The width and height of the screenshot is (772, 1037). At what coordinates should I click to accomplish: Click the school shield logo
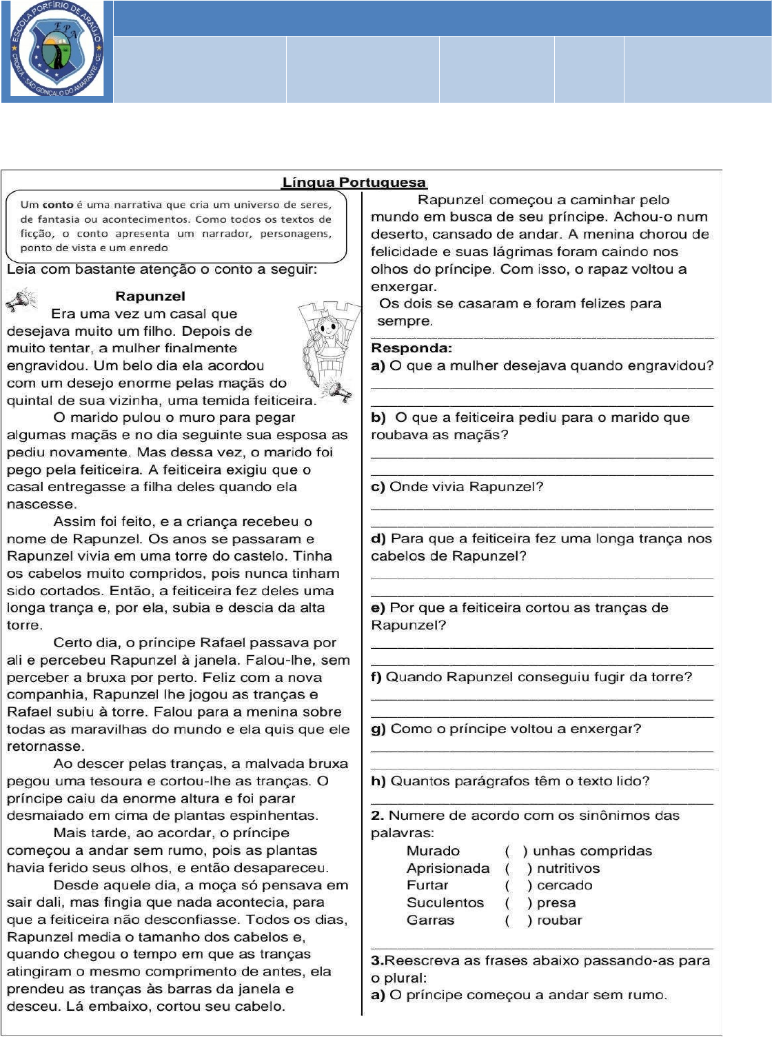(x=57, y=50)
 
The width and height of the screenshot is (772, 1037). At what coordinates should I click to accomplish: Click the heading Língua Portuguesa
(x=354, y=183)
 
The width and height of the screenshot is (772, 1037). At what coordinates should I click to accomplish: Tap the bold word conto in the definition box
(x=58, y=205)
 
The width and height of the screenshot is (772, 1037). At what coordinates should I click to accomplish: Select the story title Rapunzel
(x=150, y=296)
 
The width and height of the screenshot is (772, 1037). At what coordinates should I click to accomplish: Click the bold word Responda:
(x=412, y=348)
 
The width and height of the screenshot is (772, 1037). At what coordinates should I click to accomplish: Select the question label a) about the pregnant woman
(x=378, y=366)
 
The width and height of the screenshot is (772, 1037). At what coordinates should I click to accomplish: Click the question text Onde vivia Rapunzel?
(x=466, y=487)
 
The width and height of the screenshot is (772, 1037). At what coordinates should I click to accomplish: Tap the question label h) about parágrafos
(x=378, y=781)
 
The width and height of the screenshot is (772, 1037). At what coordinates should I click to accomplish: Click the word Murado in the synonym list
(x=433, y=851)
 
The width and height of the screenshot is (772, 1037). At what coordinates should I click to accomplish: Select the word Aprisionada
(x=448, y=868)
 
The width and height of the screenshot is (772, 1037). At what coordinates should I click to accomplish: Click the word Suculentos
(x=445, y=903)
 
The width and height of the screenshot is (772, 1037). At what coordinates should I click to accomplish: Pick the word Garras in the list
(x=430, y=920)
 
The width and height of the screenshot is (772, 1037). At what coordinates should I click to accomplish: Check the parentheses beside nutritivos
(x=518, y=868)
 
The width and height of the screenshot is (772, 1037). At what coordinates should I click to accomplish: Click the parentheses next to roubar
(x=518, y=920)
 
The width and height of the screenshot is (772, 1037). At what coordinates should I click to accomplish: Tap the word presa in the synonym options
(x=556, y=903)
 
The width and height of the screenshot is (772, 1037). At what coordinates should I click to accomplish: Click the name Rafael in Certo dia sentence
(x=267, y=643)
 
